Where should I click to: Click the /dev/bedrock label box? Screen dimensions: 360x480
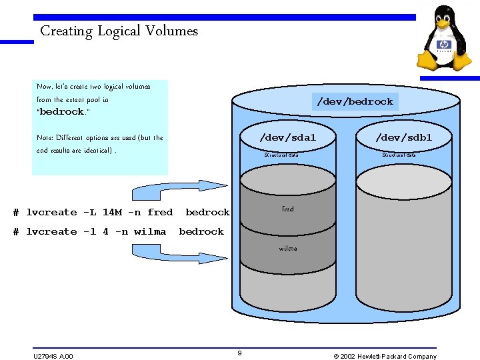[355, 101]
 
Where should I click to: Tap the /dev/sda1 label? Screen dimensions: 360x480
[287, 138]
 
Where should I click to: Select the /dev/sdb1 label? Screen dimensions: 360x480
[403, 138]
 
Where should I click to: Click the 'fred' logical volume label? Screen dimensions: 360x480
[287, 209]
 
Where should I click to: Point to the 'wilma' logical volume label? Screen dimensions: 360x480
[288, 249]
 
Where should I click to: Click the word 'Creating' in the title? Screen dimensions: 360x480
[66, 31]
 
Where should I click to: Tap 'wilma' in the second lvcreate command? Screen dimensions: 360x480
[150, 232]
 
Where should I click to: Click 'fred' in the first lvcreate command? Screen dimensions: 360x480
[160, 213]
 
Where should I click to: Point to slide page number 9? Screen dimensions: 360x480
[239, 353]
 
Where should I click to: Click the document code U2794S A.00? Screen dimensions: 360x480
[53, 356]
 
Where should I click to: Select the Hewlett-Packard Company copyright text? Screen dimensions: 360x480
[385, 356]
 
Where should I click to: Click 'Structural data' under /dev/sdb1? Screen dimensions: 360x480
[399, 155]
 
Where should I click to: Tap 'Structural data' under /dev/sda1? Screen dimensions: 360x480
[281, 155]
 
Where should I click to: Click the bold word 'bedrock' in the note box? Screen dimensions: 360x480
[61, 112]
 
